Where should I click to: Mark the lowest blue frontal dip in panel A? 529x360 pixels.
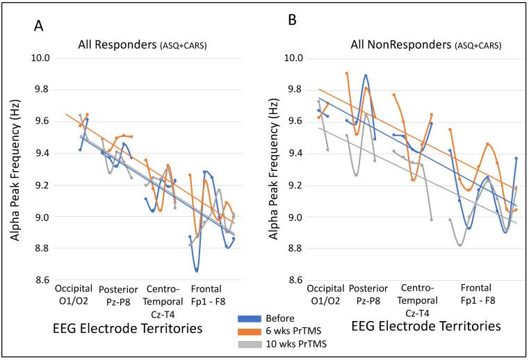[197, 270]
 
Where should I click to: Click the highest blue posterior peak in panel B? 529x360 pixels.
[366, 75]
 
